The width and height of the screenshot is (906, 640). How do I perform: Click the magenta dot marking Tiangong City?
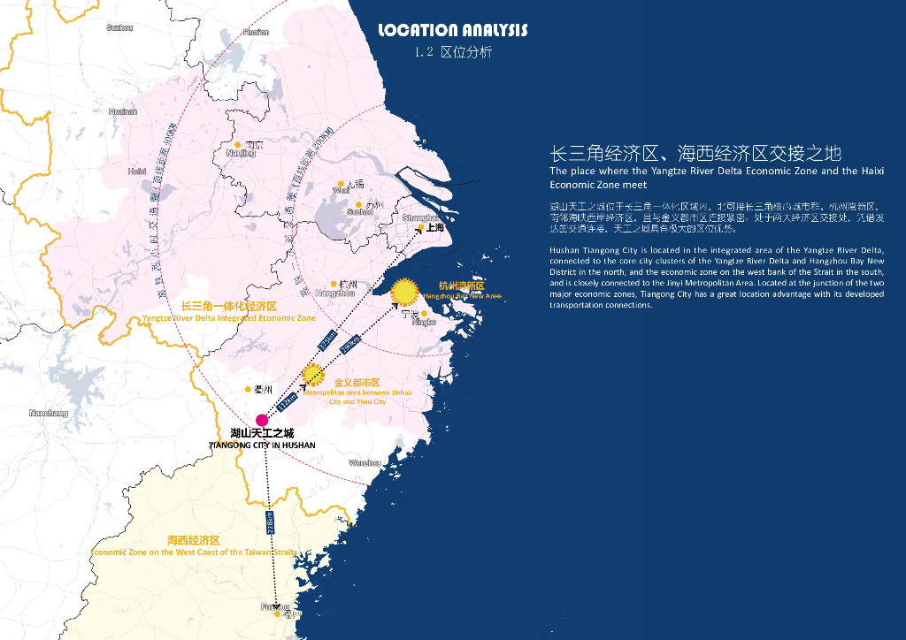coord(261,420)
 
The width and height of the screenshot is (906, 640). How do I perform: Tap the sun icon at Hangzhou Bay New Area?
coord(405,291)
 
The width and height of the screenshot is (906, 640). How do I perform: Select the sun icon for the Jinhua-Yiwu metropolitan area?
coord(312,375)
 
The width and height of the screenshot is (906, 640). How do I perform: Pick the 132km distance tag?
coord(288,401)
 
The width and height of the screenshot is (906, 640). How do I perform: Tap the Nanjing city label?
coord(241,153)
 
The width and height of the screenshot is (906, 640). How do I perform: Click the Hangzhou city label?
coord(334,293)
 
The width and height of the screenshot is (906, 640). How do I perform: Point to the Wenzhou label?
coord(364,463)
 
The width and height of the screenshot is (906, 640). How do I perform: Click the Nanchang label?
coord(48,413)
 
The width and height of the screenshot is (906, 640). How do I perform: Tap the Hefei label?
coord(136,171)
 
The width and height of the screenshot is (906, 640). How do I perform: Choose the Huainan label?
coord(123,111)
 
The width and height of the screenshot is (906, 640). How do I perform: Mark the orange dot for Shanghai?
coord(420,227)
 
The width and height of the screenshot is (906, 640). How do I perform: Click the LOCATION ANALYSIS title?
coord(452,31)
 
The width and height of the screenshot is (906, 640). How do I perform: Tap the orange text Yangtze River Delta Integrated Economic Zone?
coord(228,318)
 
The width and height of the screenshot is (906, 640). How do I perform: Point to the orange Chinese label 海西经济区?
coord(193,539)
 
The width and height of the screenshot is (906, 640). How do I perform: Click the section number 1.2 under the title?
coord(423,53)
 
